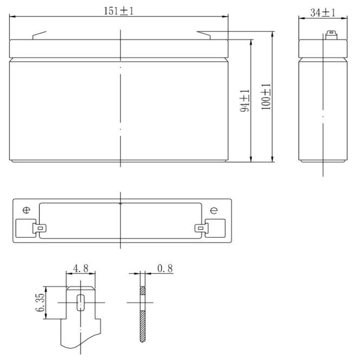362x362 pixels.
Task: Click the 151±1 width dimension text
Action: point(119,11)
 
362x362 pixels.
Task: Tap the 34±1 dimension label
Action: point(322,12)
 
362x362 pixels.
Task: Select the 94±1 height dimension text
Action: point(245,101)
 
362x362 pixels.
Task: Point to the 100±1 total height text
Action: point(266,97)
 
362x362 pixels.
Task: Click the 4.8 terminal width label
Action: point(80,268)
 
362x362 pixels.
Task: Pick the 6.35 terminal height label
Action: point(40,303)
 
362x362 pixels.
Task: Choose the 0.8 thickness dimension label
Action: point(165,268)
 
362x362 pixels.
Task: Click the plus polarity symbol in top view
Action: point(26,210)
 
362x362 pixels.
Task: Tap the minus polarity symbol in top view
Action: point(214,210)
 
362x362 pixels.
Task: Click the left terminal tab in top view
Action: point(40,228)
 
